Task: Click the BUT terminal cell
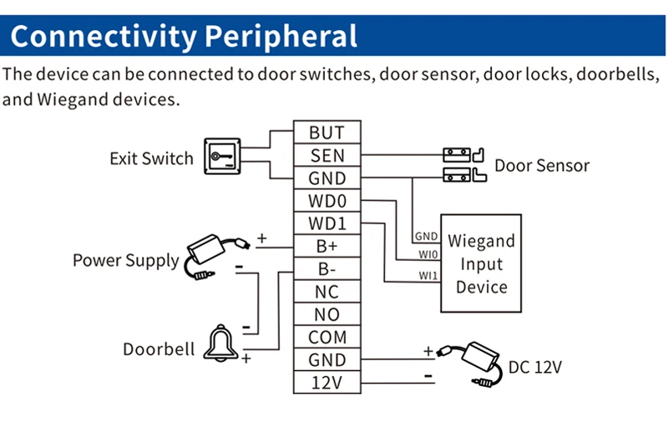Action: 326,133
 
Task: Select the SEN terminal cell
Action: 326,155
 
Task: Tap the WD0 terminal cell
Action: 326,201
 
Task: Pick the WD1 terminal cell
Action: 326,224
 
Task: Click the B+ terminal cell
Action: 326,247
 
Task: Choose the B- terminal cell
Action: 326,270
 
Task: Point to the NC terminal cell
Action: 326,293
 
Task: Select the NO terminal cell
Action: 326,315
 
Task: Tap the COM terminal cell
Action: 326,338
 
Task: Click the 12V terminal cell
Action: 326,383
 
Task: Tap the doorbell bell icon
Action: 220,342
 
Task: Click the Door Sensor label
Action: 542,165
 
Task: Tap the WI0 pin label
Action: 428,253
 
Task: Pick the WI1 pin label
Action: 428,276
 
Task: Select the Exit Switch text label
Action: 151,158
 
